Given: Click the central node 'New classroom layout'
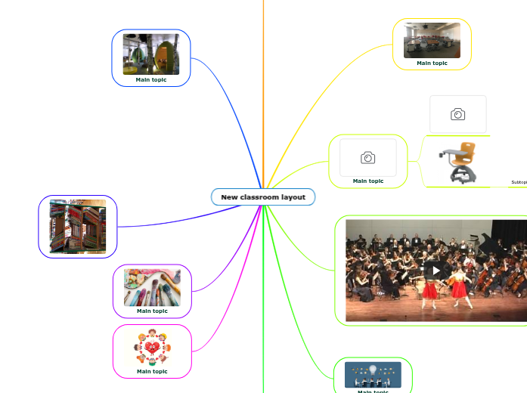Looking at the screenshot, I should click(263, 197).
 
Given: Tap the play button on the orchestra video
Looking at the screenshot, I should click(436, 270).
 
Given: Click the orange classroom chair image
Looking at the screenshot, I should click(462, 161).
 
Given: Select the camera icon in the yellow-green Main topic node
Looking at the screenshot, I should click(368, 157).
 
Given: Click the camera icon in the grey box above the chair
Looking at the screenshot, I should click(457, 114).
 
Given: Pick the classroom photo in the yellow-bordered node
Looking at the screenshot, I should click(432, 40).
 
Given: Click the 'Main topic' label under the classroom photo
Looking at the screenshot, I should click(432, 63).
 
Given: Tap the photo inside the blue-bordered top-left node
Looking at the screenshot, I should click(151, 54).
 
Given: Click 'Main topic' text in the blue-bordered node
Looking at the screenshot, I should click(151, 79).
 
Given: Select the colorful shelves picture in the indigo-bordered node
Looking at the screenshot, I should click(78, 226).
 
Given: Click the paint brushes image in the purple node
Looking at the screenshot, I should click(152, 286).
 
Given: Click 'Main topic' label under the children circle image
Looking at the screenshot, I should click(152, 371).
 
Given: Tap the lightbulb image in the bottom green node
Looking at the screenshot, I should click(373, 374).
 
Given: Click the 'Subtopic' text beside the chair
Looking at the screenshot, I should click(519, 182).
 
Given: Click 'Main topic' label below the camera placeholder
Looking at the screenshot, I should click(368, 181).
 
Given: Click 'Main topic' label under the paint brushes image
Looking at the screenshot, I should click(152, 311).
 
